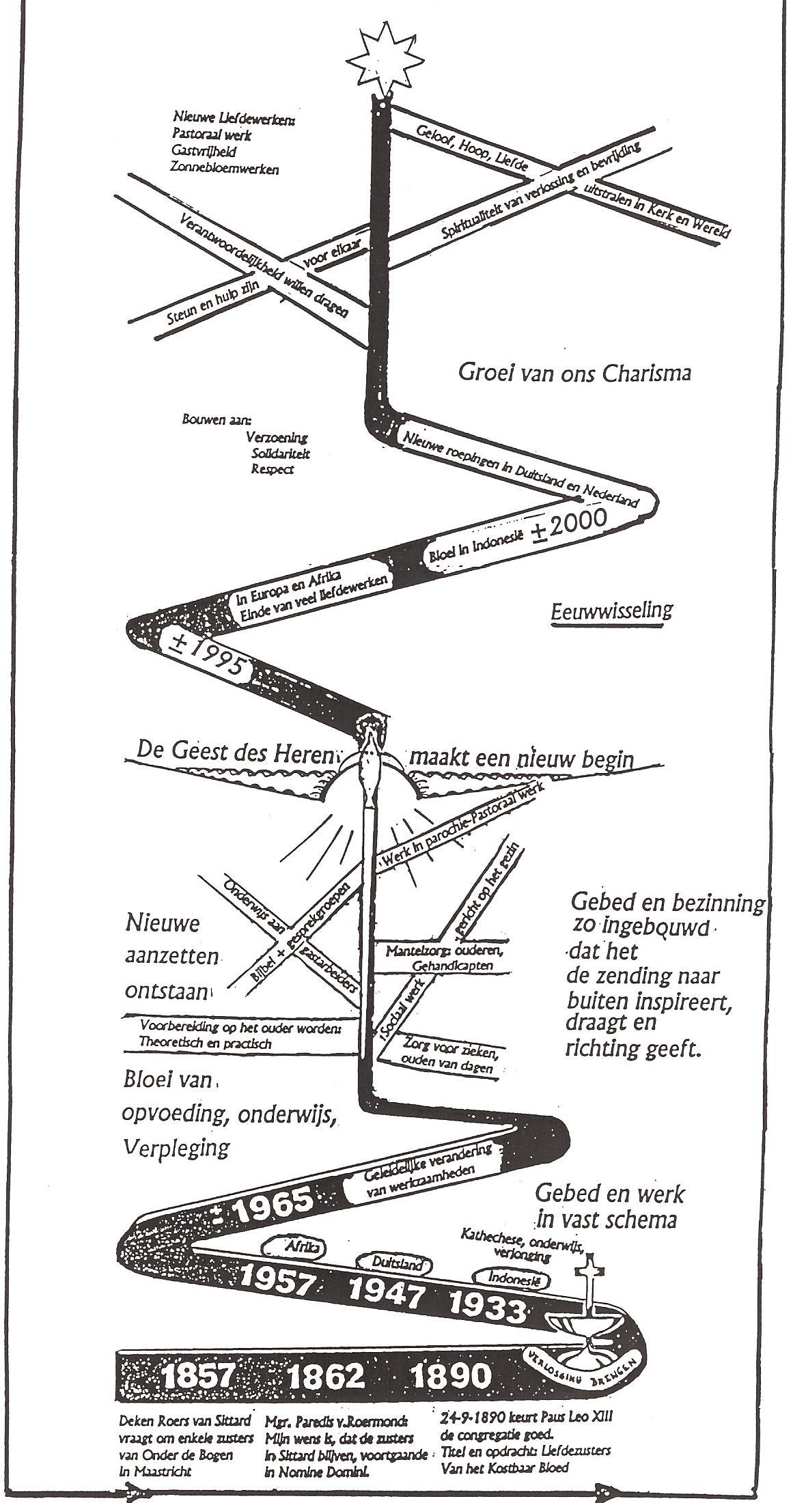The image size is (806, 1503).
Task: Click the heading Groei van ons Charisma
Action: [x=574, y=373]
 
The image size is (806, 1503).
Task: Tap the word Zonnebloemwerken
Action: [x=225, y=169]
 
